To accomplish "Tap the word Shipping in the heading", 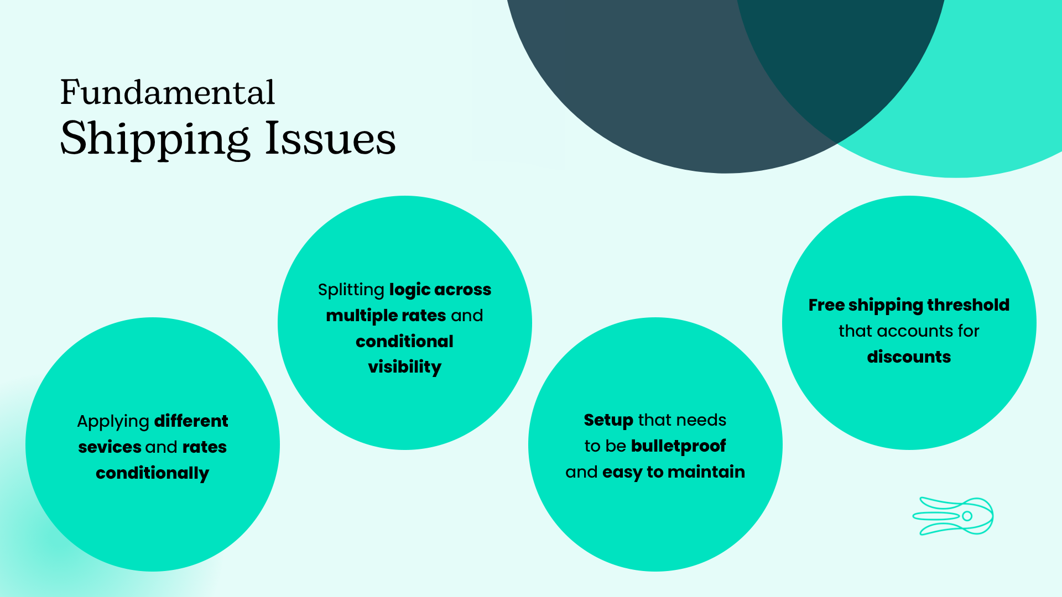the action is click(x=155, y=139).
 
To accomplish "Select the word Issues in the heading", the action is click(x=330, y=138).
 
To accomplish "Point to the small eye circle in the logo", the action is click(x=967, y=516).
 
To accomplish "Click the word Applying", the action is click(x=113, y=422).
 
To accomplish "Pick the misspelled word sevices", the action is click(x=110, y=447).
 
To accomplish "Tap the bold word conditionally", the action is click(x=152, y=473).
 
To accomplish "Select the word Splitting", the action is click(x=351, y=290).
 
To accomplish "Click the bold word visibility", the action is click(x=405, y=367).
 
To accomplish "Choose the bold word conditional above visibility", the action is click(x=404, y=341).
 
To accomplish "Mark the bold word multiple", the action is click(x=362, y=316).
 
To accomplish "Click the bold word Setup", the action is click(x=608, y=421).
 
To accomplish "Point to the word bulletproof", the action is click(x=678, y=446).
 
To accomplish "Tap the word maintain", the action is click(x=706, y=472).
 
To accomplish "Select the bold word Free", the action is click(x=826, y=305).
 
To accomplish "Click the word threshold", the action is click(x=969, y=305).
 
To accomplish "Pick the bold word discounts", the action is click(x=909, y=357).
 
